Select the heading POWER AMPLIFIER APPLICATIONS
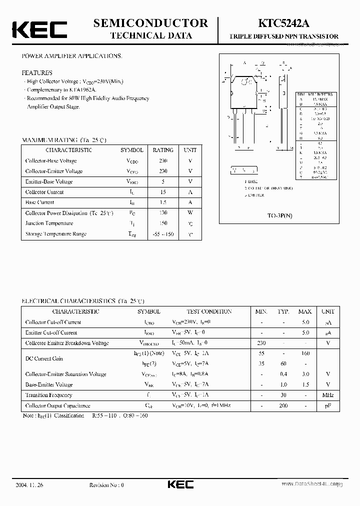pyautogui.click(x=72, y=55)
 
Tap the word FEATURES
pyautogui.click(x=37, y=72)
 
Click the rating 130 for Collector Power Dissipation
pyautogui.click(x=163, y=213)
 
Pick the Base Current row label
pyautogui.click(x=39, y=202)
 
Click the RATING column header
pyautogui.click(x=163, y=150)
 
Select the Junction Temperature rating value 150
pyautogui.click(x=163, y=223)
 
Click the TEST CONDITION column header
pyautogui.click(x=209, y=311)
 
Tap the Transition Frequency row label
pyautogui.click(x=49, y=395)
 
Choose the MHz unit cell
pyautogui.click(x=328, y=395)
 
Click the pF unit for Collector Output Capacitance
pyautogui.click(x=328, y=405)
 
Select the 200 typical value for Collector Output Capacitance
pyautogui.click(x=283, y=405)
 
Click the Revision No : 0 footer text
pyautogui.click(x=106, y=485)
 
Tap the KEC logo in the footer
pyautogui.click(x=179, y=484)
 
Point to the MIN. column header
pyautogui.click(x=261, y=311)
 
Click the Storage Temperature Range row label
pyautogui.click(x=55, y=234)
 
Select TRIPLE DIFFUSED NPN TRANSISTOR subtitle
pyautogui.click(x=283, y=36)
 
